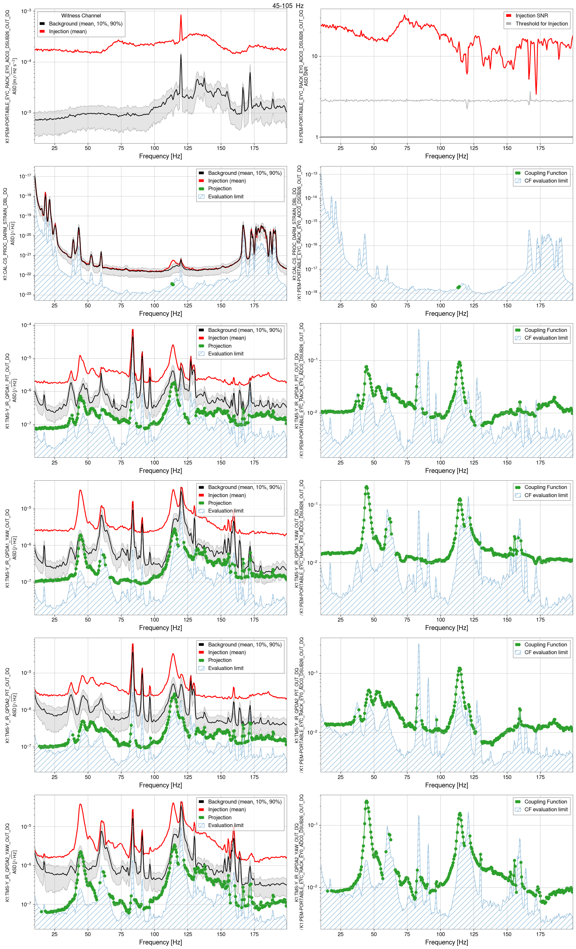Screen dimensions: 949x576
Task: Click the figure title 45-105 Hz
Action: [288, 6]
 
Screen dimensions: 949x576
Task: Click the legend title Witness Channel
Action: [81, 16]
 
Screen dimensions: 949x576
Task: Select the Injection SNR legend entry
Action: [531, 16]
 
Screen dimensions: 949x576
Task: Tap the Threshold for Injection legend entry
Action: [541, 24]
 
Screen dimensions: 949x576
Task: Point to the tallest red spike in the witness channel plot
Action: [181, 16]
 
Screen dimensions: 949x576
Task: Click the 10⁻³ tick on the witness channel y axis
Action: [26, 11]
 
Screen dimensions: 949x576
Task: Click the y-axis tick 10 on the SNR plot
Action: [314, 56]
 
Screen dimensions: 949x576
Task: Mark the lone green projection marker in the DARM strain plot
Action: [172, 284]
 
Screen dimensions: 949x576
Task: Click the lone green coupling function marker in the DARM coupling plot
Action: [458, 287]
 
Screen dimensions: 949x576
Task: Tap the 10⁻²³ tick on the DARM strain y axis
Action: [26, 295]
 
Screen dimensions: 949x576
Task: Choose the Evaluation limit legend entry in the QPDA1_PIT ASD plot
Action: [226, 354]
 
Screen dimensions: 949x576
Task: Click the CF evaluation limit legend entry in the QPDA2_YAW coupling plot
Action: [546, 810]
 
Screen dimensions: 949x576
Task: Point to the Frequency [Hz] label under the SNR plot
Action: [447, 156]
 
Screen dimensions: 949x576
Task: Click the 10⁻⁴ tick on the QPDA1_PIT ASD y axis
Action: [26, 325]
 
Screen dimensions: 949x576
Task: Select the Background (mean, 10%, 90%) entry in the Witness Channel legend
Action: [85, 24]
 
